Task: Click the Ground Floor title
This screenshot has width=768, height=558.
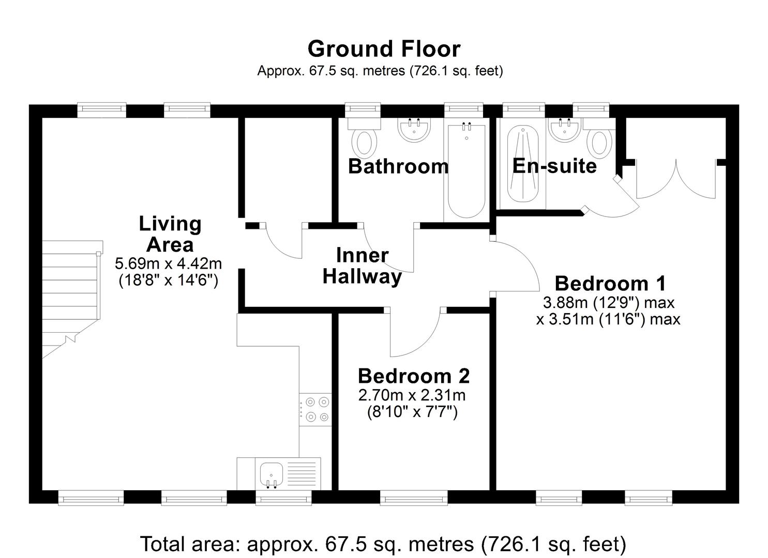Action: coord(384,49)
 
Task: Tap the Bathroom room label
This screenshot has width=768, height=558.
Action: coord(398,166)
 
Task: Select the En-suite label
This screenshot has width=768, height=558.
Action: coord(554,166)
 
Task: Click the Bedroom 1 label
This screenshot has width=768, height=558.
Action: coord(610,284)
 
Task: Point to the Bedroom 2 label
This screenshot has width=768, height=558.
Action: coord(414,376)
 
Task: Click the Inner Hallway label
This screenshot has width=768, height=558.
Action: coord(362,266)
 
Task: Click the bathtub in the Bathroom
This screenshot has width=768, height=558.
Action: coord(466,171)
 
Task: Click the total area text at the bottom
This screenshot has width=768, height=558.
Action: coord(383,544)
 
